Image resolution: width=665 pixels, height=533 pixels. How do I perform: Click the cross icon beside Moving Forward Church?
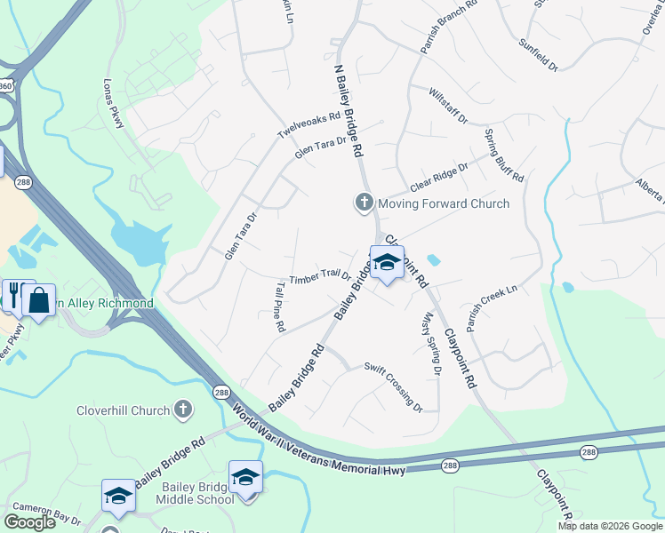click(x=363, y=203)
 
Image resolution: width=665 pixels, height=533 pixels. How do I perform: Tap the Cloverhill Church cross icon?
click(x=182, y=410)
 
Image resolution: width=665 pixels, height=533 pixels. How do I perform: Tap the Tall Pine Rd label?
click(x=279, y=307)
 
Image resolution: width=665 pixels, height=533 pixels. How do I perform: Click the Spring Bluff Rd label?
click(x=504, y=155)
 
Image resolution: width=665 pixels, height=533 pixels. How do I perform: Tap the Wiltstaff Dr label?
click(x=447, y=105)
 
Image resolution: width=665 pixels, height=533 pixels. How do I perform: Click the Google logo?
click(x=29, y=522)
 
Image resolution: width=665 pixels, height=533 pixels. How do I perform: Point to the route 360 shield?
click(x=6, y=86)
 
